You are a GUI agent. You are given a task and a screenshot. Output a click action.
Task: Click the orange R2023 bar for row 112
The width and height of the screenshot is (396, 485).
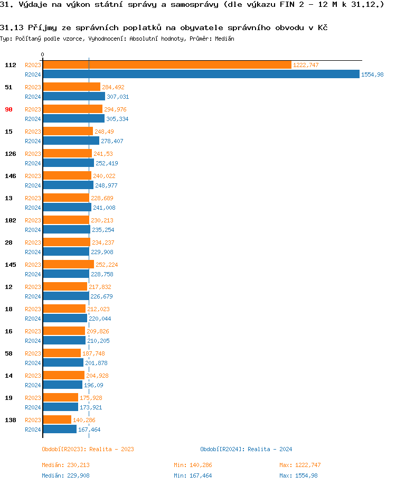click(x=167, y=64)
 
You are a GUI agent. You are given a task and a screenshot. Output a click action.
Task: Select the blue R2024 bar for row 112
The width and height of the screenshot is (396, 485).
click(x=201, y=74)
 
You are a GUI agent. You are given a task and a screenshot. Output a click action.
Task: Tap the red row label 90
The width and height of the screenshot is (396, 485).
click(x=8, y=109)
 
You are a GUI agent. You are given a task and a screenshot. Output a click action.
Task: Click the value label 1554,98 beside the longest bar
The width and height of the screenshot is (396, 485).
click(x=372, y=74)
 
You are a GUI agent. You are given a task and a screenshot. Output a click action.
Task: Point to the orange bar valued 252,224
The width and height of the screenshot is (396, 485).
click(x=68, y=264)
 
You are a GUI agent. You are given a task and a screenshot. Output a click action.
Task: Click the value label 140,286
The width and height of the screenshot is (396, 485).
click(x=84, y=420)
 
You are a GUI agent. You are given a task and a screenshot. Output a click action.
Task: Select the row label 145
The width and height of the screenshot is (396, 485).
click(x=10, y=265)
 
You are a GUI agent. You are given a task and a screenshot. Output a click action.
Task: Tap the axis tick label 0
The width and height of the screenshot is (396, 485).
click(x=42, y=54)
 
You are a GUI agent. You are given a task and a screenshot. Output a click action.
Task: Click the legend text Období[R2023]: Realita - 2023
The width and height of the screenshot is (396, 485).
click(x=88, y=449)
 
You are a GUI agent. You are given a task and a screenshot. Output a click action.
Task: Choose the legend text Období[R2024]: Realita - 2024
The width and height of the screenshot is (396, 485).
click(x=246, y=449)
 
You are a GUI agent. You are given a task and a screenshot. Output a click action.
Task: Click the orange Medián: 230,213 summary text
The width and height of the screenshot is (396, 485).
click(x=65, y=465)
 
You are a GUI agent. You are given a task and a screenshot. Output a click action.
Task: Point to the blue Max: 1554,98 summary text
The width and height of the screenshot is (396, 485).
click(x=298, y=475)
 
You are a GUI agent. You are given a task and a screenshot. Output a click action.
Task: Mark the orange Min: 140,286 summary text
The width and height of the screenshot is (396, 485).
click(x=193, y=465)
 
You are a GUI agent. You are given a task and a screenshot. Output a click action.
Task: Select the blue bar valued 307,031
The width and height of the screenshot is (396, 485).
click(x=74, y=97)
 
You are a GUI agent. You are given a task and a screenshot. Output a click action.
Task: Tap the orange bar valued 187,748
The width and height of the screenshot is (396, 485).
click(x=62, y=353)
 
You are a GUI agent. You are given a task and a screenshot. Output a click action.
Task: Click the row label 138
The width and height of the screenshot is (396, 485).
click(x=10, y=420)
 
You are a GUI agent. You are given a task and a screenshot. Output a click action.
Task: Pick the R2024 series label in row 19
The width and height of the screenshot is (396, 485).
click(x=33, y=407)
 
